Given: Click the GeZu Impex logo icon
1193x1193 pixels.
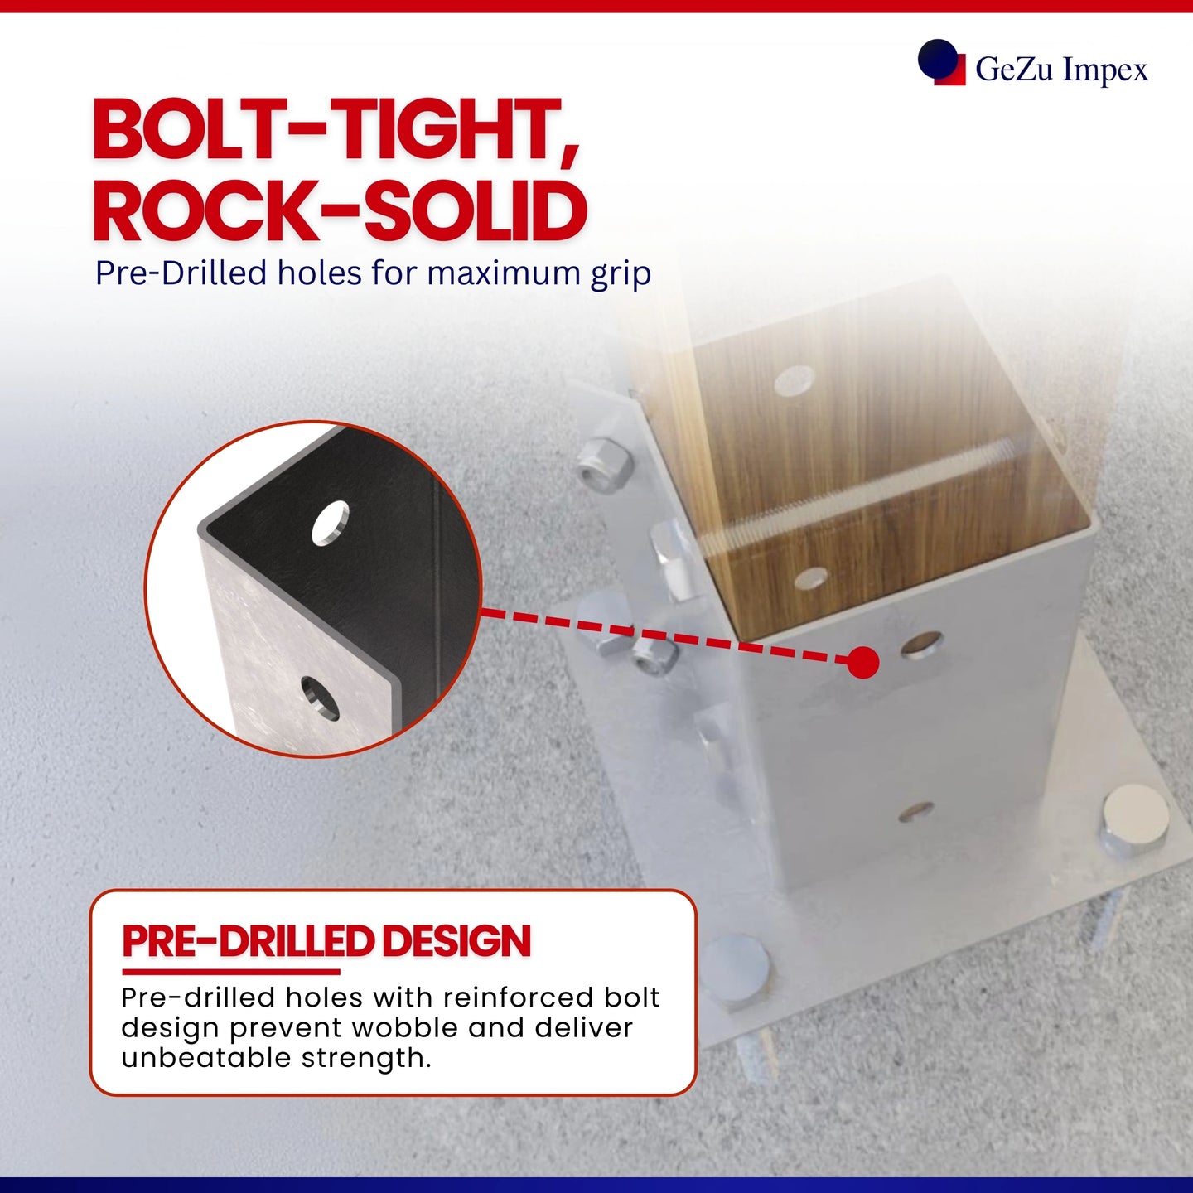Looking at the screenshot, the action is [x=941, y=62].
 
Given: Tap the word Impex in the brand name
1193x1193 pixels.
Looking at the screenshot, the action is [x=1105, y=70].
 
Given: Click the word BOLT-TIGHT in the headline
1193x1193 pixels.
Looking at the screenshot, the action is [x=336, y=131].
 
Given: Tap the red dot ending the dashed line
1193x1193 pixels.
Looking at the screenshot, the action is [x=863, y=663].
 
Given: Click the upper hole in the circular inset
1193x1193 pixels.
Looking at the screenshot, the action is [x=331, y=523].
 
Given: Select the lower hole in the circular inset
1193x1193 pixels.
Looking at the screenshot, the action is [x=320, y=698].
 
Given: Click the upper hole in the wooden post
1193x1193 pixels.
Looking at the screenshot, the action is [x=794, y=379].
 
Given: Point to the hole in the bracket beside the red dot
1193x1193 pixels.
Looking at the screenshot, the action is [x=922, y=644].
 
